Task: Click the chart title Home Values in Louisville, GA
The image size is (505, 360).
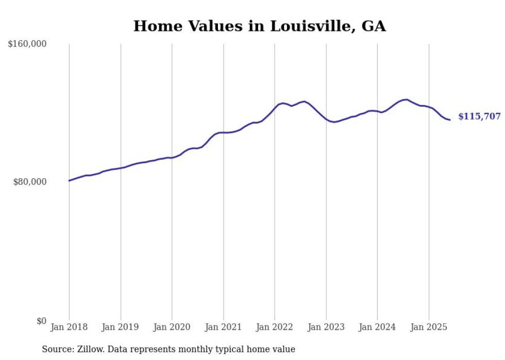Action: click(259, 26)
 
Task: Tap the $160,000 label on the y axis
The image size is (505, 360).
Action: click(27, 44)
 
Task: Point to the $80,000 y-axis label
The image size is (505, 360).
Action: click(29, 182)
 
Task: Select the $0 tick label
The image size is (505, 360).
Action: click(41, 321)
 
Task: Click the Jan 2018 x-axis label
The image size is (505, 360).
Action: click(69, 327)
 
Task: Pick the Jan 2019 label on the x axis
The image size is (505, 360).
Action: click(121, 327)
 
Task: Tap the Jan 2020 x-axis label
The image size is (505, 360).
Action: click(172, 327)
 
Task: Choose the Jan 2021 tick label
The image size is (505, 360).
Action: click(223, 327)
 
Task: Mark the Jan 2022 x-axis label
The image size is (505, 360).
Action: click(275, 327)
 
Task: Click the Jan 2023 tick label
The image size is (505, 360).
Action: click(326, 327)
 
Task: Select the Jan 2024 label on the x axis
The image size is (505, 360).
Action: click(377, 327)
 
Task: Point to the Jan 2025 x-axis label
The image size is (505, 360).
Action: click(429, 327)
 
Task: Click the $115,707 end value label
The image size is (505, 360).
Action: click(479, 116)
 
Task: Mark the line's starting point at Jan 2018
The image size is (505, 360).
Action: click(69, 181)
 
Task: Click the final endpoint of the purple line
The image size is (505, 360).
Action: click(450, 120)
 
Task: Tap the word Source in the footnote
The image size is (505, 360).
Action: click(56, 349)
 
